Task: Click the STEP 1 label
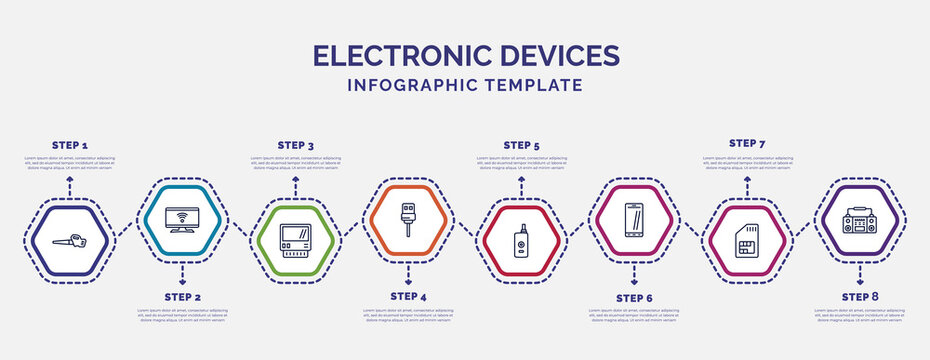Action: (69, 145)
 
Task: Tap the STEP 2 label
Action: (182, 297)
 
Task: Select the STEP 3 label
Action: (295, 145)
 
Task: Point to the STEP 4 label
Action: (408, 297)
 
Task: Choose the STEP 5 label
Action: (521, 145)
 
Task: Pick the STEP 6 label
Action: (634, 297)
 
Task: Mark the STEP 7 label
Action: (747, 144)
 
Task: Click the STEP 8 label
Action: (860, 297)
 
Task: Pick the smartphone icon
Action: (634, 219)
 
